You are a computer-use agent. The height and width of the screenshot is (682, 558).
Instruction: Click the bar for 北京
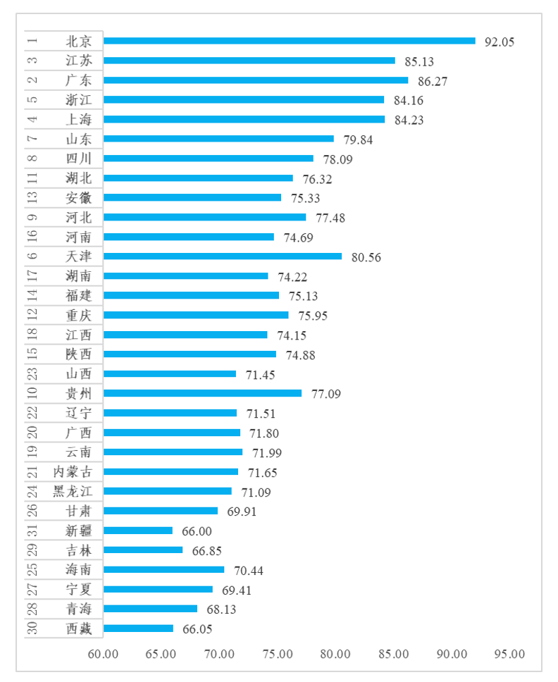point(289,41)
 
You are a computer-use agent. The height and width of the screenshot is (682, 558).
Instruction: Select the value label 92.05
point(500,42)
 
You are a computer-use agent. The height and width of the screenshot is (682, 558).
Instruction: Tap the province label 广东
point(78,80)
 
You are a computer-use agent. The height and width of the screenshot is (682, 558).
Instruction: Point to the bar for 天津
point(222,256)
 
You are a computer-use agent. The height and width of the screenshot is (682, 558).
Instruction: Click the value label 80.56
point(366,257)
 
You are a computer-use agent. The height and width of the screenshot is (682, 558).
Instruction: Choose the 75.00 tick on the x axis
point(278,654)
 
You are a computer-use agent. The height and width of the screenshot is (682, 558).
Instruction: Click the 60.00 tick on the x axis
point(104,654)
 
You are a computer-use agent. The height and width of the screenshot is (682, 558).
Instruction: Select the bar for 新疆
point(138,531)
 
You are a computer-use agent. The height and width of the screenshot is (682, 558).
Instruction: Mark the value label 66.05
point(197,629)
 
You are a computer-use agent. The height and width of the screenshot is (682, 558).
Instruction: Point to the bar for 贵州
point(202,393)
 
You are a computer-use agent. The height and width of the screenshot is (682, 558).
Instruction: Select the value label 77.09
point(325,394)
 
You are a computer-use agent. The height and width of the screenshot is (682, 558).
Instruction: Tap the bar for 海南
point(163,569)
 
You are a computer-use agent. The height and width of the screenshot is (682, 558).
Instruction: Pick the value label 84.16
point(409,101)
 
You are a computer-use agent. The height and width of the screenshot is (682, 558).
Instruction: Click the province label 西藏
point(78,628)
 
